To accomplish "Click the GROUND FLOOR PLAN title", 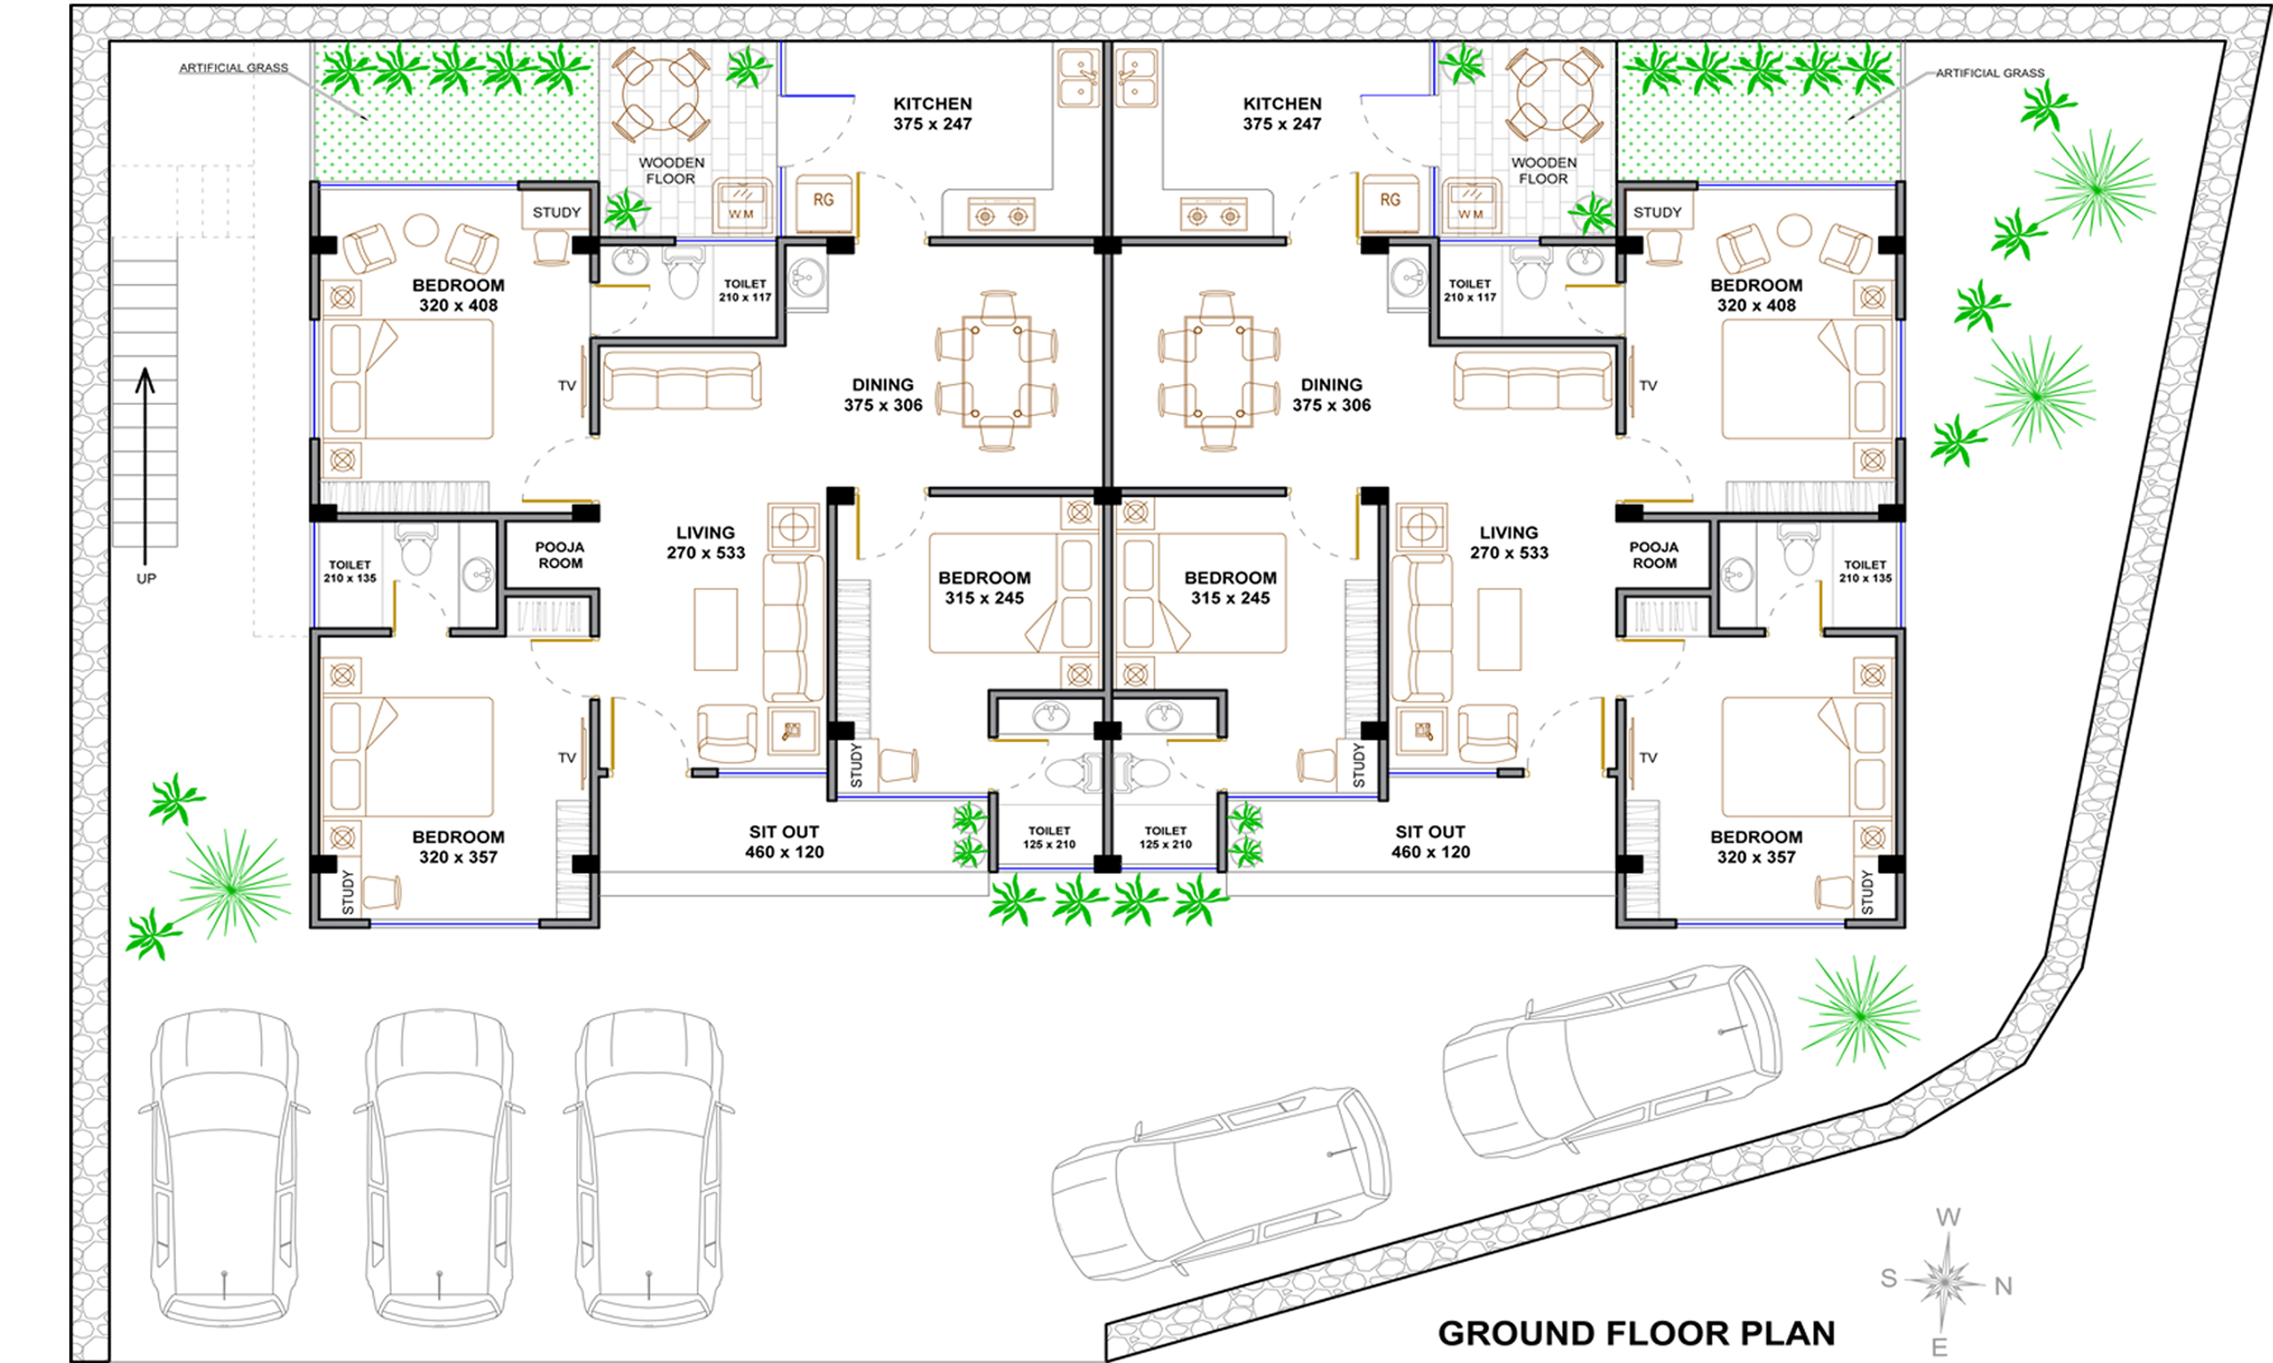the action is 1636,1333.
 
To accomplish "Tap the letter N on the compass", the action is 2003,1286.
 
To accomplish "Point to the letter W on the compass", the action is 1948,1217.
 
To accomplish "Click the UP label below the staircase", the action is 147,579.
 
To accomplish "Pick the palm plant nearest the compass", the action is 1858,1012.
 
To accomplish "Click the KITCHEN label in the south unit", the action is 932,104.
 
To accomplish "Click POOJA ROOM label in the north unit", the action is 1654,555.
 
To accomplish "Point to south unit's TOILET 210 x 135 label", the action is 350,571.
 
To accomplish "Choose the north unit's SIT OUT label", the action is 1430,841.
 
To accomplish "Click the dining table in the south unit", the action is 997,371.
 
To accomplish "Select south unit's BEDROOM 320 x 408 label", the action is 458,295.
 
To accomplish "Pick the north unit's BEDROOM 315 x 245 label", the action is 1231,587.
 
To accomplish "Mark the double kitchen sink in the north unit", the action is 1136,78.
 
